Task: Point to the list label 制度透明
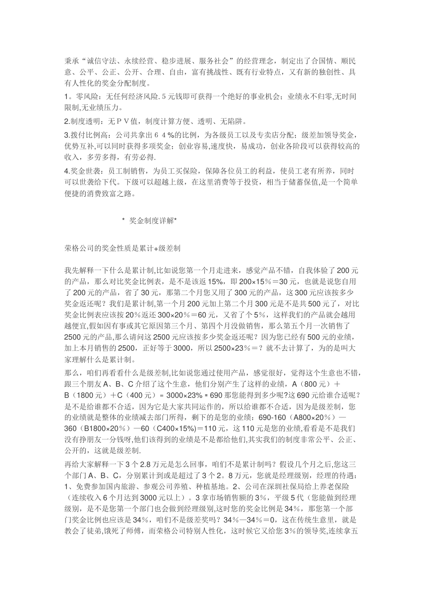point(84,121)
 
